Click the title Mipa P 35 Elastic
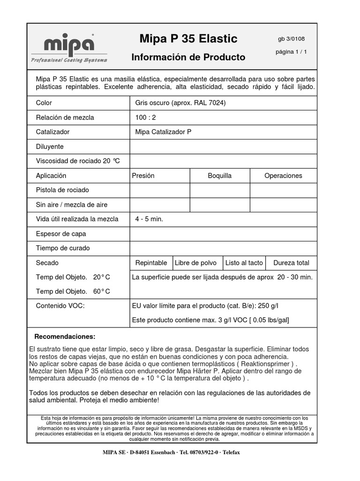(188, 39)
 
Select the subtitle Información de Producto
(188, 57)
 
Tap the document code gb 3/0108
(291, 39)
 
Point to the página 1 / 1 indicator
(291, 52)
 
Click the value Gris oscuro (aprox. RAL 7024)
(180, 103)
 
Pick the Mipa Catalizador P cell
(163, 132)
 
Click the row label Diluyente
(50, 147)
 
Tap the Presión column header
(143, 176)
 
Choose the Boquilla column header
(219, 176)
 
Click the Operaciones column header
(283, 176)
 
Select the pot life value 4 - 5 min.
(149, 219)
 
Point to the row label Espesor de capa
(61, 233)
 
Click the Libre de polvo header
(195, 263)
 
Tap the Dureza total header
(291, 263)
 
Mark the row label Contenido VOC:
(60, 306)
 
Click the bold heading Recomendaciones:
(65, 337)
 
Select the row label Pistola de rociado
(62, 190)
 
